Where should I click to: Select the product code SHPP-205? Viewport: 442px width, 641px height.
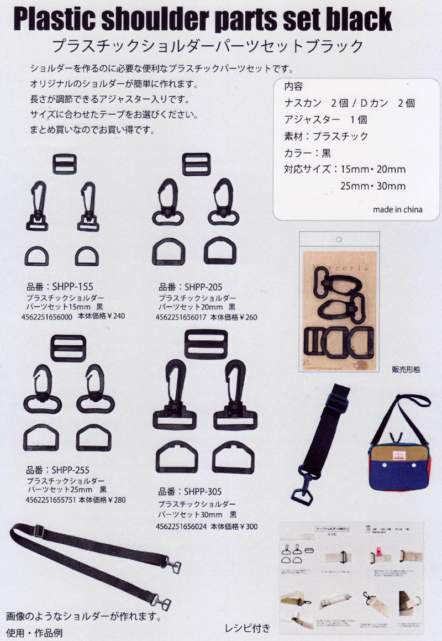click(x=203, y=287)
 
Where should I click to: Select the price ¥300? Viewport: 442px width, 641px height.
click(x=247, y=527)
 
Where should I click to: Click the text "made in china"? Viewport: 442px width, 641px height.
click(x=397, y=209)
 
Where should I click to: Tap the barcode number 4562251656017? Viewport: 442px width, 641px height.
click(x=181, y=317)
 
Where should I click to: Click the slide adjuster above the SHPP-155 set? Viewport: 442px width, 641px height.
click(x=65, y=164)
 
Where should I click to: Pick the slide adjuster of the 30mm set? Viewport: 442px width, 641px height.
click(x=206, y=344)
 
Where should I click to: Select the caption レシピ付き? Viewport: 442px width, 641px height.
click(x=248, y=627)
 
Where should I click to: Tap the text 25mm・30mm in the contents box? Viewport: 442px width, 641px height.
click(x=373, y=186)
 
